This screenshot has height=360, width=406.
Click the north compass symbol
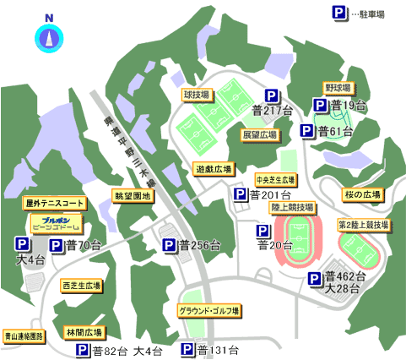click(47, 37)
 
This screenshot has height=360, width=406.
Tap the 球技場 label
click(196, 96)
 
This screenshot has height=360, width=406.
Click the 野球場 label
click(338, 87)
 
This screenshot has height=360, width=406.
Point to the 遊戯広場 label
click(213, 168)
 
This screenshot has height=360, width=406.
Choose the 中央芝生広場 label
click(275, 180)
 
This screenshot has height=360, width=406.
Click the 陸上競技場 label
click(292, 206)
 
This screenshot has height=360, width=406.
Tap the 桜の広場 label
click(361, 194)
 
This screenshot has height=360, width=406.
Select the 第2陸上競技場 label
click(364, 225)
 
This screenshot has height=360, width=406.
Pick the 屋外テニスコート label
click(55, 204)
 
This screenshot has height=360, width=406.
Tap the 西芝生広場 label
click(81, 286)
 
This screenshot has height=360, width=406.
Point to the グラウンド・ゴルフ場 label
click(209, 310)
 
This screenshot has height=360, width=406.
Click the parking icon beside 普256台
click(170, 245)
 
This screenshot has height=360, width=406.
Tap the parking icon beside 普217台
click(273, 96)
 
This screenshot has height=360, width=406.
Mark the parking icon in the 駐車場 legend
click(338, 13)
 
